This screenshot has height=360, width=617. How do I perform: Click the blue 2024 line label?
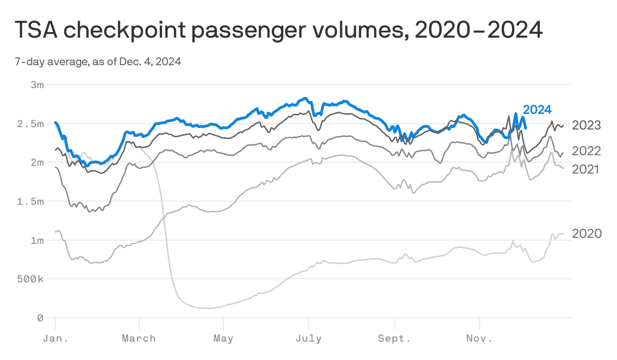537,110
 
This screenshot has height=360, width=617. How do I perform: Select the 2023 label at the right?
586,125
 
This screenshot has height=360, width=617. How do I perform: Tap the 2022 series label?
586,151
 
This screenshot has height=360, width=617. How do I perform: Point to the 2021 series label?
586,169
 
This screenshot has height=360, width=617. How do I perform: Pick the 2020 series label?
587,234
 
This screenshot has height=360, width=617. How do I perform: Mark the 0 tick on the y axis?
40,318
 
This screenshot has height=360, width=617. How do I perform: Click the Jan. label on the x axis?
56,339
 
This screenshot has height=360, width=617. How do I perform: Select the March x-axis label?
139,339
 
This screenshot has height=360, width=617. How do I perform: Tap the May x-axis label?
223,339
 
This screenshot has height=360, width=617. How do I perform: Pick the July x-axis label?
308,339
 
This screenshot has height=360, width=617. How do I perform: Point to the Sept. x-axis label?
394,339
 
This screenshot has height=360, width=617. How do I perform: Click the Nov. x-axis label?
479,339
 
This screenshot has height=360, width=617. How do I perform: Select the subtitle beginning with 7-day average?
98,62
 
